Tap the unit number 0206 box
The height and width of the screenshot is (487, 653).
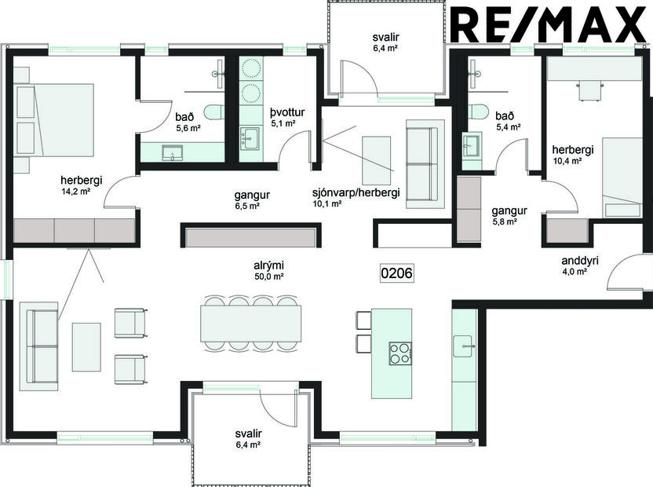(396, 273)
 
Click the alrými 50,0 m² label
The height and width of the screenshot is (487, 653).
(268, 270)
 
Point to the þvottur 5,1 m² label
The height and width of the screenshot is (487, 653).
(283, 117)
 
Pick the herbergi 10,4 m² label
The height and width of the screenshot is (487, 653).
(567, 155)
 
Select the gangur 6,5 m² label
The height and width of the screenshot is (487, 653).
(246, 199)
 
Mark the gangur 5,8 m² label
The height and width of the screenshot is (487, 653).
(509, 216)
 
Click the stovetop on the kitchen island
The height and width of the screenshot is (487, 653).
(400, 353)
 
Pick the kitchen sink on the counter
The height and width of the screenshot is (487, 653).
(465, 342)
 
